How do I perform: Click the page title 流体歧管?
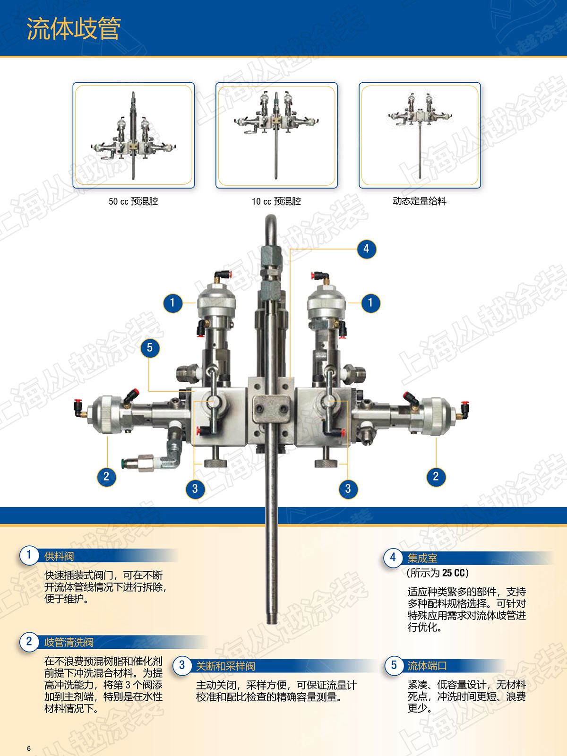point(74,29)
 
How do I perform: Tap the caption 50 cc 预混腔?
point(133,201)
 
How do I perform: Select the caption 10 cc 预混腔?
point(276,201)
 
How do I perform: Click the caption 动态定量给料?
point(419,201)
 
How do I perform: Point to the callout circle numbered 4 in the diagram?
point(366,249)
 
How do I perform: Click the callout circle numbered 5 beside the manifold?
point(150,347)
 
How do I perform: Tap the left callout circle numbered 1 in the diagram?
point(172,303)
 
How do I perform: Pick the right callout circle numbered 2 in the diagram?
point(436,476)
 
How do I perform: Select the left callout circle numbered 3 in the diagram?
point(195,489)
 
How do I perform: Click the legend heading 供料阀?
point(59,556)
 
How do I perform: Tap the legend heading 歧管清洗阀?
point(69,642)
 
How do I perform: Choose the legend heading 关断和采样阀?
point(225,666)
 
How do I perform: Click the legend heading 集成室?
point(422,558)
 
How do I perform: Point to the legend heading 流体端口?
point(427,665)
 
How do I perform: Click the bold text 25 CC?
point(454,573)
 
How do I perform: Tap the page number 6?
point(29,748)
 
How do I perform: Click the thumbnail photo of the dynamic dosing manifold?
point(420,135)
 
